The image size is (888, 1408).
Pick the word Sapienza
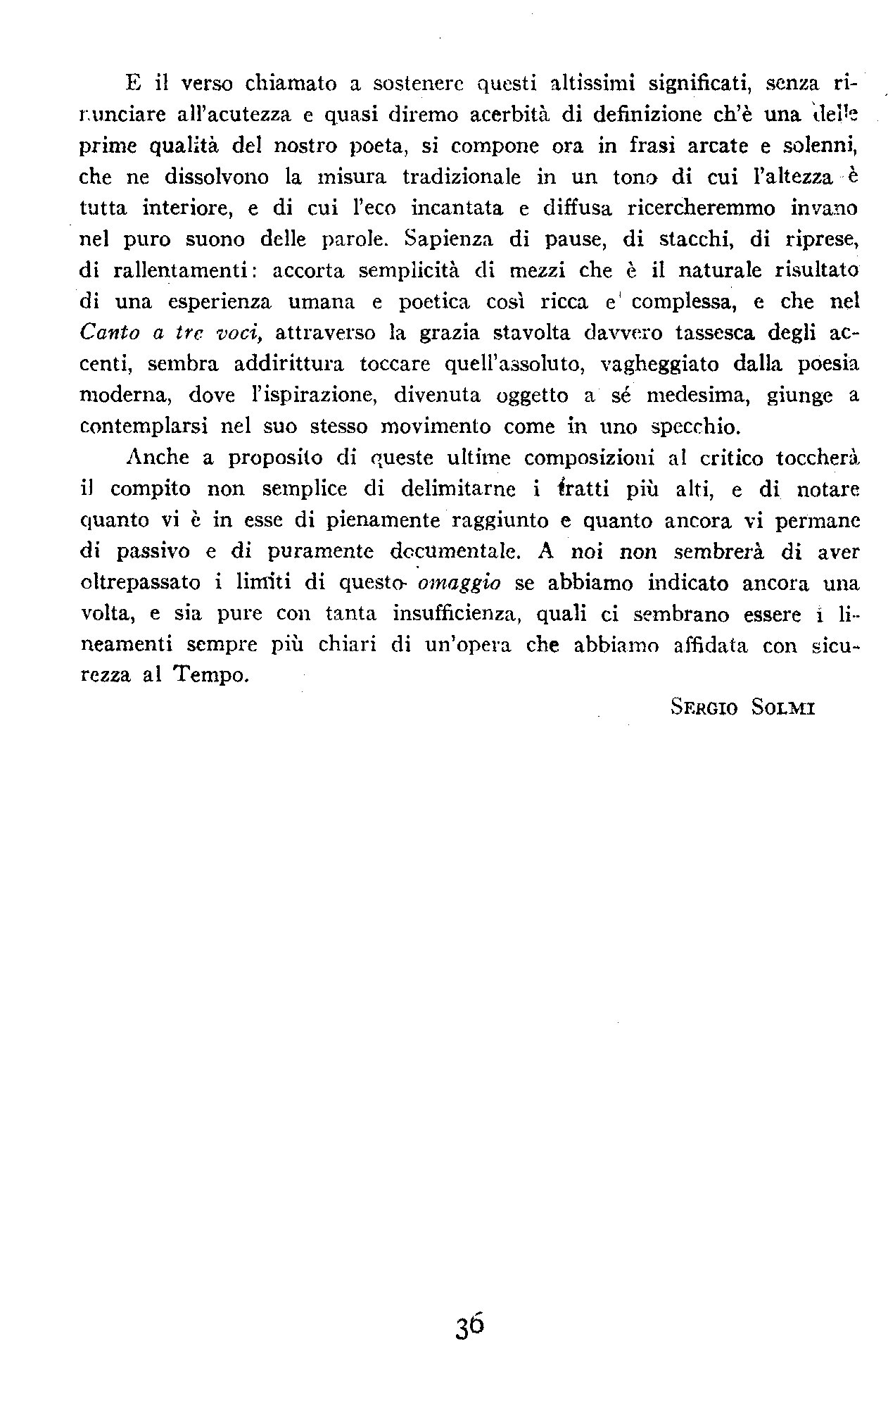pos(445,239)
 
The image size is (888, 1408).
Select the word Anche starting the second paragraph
pos(158,458)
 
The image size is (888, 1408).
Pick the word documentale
pos(448,552)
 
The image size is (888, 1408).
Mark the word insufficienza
pos(455,615)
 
